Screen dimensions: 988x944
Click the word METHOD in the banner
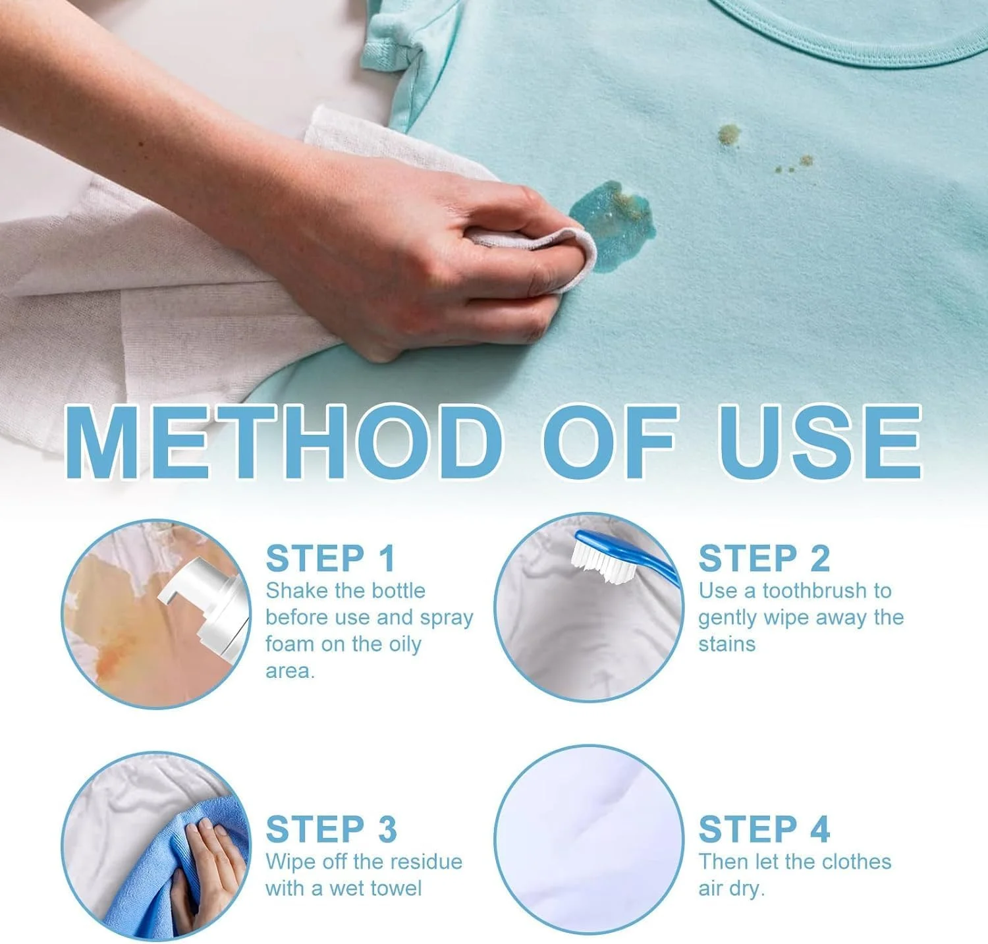284,442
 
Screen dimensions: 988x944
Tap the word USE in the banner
820,442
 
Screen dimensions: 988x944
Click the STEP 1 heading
330,559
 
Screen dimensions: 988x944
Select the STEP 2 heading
764,559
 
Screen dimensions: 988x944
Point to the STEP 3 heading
331,829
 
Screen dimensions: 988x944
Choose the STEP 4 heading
764,829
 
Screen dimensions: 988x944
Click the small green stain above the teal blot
728,135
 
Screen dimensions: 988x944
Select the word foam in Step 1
288,644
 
